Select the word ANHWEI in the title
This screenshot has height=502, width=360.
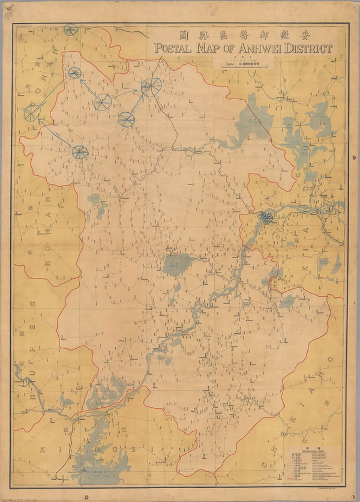256,48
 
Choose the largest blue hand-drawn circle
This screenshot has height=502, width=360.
150,88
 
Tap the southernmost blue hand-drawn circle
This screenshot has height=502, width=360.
80,152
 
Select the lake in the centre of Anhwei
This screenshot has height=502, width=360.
175,262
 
